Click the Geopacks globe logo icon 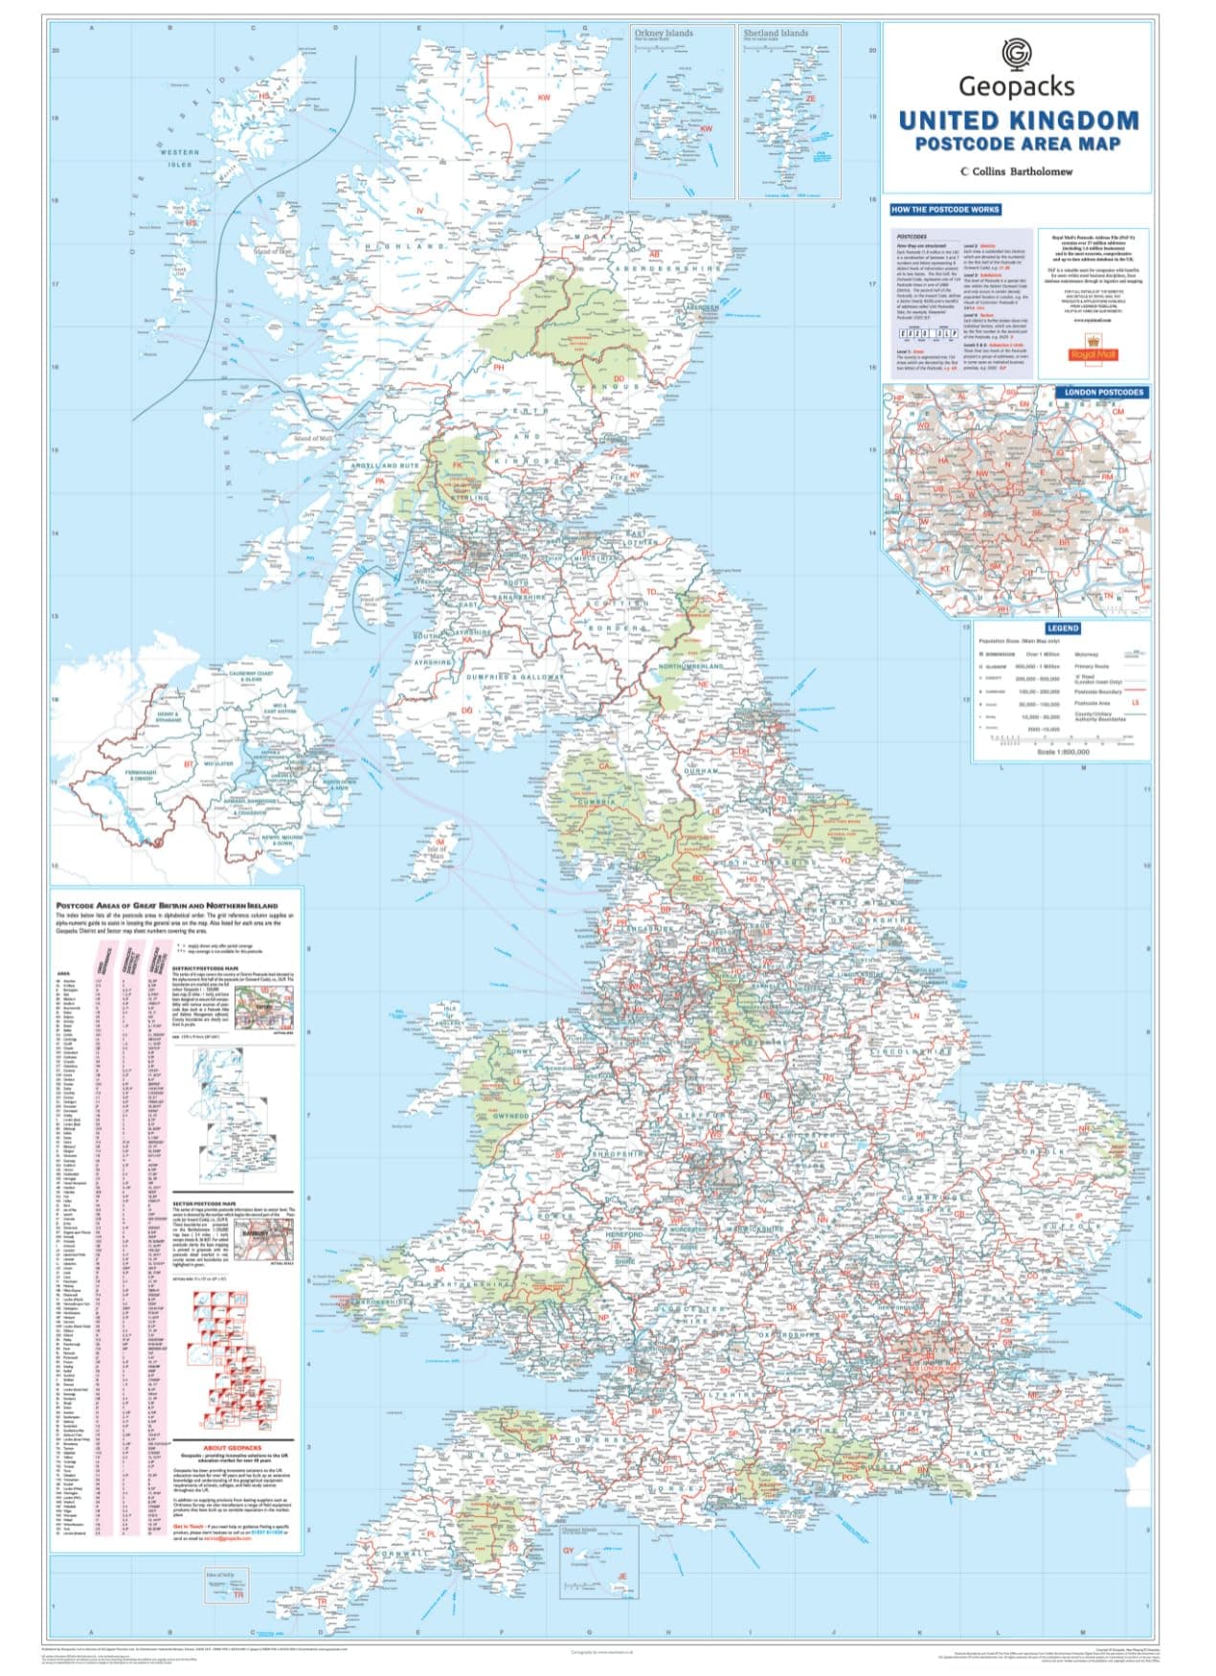point(1016,54)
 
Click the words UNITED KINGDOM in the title point(1018,121)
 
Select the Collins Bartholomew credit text point(1016,171)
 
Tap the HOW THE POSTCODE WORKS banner point(944,209)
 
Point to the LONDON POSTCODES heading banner point(1103,392)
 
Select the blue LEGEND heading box point(1062,628)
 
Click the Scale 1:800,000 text point(1062,752)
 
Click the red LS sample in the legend point(1136,703)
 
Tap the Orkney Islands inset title point(664,33)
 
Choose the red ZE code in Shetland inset point(810,98)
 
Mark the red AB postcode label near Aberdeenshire point(656,254)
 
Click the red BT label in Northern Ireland point(189,764)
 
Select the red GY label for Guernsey point(567,1551)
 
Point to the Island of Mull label point(313,439)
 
